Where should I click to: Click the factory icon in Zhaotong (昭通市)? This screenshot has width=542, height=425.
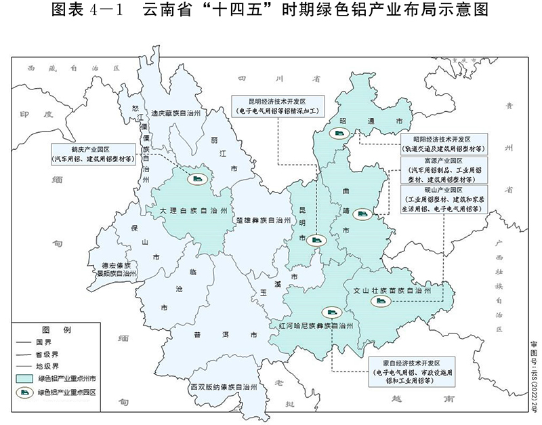[337, 134]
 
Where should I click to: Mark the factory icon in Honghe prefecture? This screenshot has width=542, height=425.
[332, 312]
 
